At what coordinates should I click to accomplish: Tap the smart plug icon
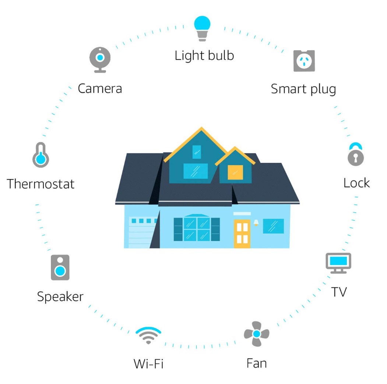tap(304, 61)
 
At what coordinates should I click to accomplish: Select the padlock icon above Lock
tap(356, 154)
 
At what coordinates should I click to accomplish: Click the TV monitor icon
tap(338, 263)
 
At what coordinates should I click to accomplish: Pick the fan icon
tap(257, 334)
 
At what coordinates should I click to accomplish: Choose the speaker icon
tap(60, 267)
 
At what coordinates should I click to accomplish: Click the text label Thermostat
tap(41, 184)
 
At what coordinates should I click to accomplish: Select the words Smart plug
tap(303, 89)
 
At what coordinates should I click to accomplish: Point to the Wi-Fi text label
tap(148, 364)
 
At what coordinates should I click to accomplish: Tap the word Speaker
tap(60, 296)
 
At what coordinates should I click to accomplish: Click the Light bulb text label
tap(204, 55)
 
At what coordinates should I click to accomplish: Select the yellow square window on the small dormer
tap(235, 172)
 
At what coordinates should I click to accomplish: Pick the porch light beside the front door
tap(256, 222)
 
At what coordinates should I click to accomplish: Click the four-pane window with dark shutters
tap(197, 229)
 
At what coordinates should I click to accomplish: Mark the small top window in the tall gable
tap(197, 151)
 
